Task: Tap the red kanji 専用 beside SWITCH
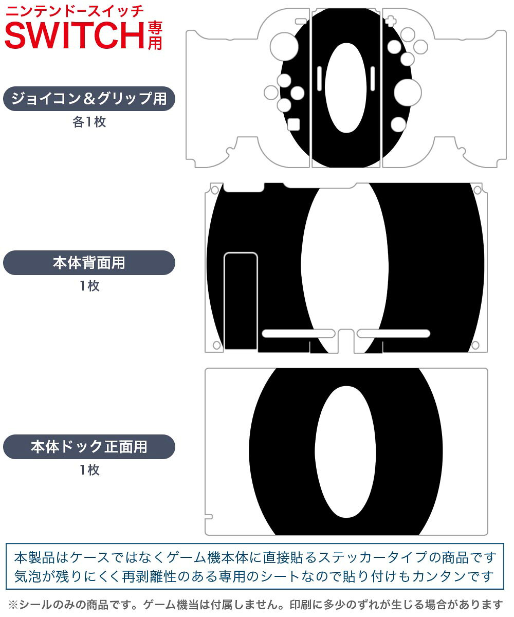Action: [155, 35]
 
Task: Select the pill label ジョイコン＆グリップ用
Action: [89, 99]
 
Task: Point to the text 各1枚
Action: [89, 122]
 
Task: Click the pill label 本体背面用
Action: [89, 263]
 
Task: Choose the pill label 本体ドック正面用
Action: [89, 446]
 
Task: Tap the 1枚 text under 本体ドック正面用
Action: [89, 469]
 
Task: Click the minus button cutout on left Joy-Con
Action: [301, 22]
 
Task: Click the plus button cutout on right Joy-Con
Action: [391, 21]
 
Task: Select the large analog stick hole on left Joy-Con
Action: [284, 47]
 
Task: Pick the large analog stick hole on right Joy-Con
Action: [408, 93]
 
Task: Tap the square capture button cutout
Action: [293, 124]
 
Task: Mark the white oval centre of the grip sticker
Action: [346, 88]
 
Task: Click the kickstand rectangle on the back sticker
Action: [241, 301]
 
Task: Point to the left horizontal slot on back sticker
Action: [298, 334]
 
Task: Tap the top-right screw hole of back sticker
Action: [477, 190]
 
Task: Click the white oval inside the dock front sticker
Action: [345, 452]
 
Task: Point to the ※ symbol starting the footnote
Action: [13, 604]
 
